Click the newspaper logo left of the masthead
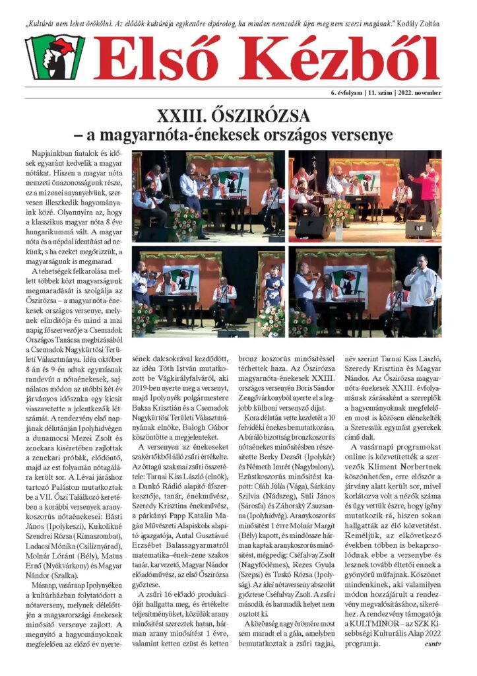tap(55, 57)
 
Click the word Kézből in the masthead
tap(335, 58)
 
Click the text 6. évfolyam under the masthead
tap(345, 93)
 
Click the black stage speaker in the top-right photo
tap(313, 227)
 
